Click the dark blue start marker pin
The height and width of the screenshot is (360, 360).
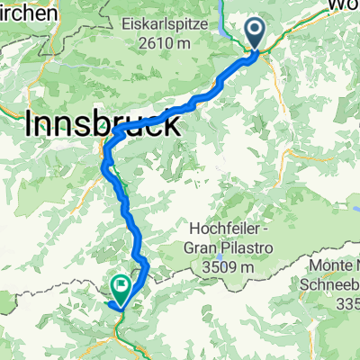(256, 34)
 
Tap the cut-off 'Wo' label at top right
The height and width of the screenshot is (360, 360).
(345, 4)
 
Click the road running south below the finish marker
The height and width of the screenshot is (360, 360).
(117, 337)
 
